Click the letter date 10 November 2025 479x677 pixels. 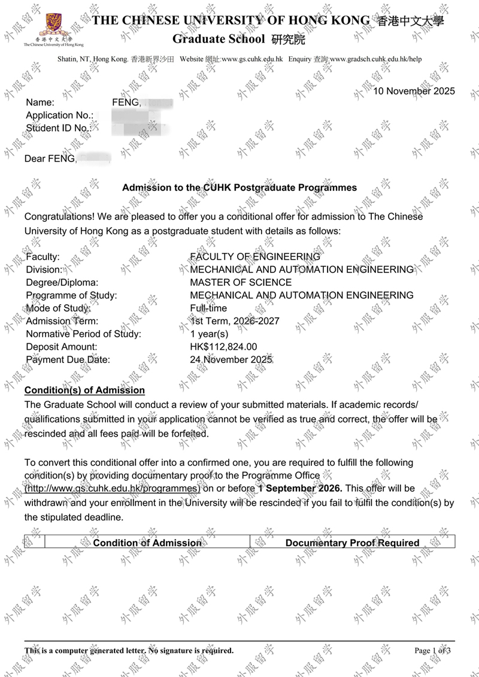pos(414,92)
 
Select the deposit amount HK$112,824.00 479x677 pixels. pos(223,347)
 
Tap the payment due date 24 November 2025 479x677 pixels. pos(231,360)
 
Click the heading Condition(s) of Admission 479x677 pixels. pos(84,391)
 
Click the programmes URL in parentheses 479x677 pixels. pos(112,489)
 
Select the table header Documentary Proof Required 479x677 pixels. pos(352,543)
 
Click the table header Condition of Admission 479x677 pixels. pos(147,543)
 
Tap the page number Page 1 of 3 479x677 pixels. pos(432,651)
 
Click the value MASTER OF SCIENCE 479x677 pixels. pos(241,282)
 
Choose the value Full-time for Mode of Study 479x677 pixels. pos(208,308)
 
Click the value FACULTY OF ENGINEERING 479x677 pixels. pos(255,257)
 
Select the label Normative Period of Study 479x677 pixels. pos(83,334)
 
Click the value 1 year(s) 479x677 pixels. pos(209,334)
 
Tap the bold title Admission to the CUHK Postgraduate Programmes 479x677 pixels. pos(239,188)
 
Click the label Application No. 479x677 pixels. pos(59,115)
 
